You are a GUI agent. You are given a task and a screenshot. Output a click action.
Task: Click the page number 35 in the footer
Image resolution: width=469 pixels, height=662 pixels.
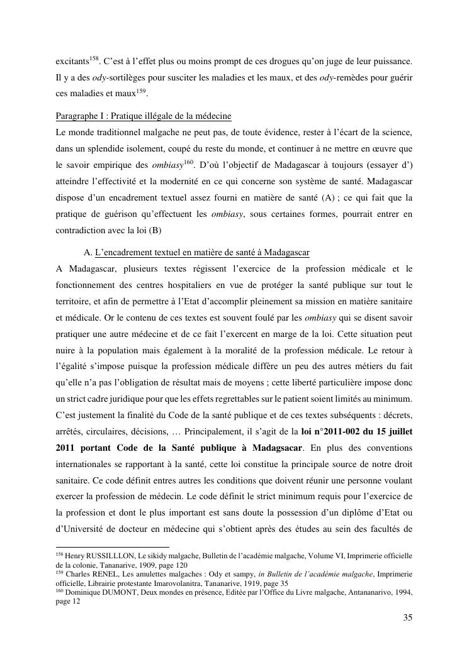pyautogui.click(x=407, y=617)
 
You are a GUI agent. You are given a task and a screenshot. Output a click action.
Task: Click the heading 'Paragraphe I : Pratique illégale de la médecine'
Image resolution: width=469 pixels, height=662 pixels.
pyautogui.click(x=144, y=116)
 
